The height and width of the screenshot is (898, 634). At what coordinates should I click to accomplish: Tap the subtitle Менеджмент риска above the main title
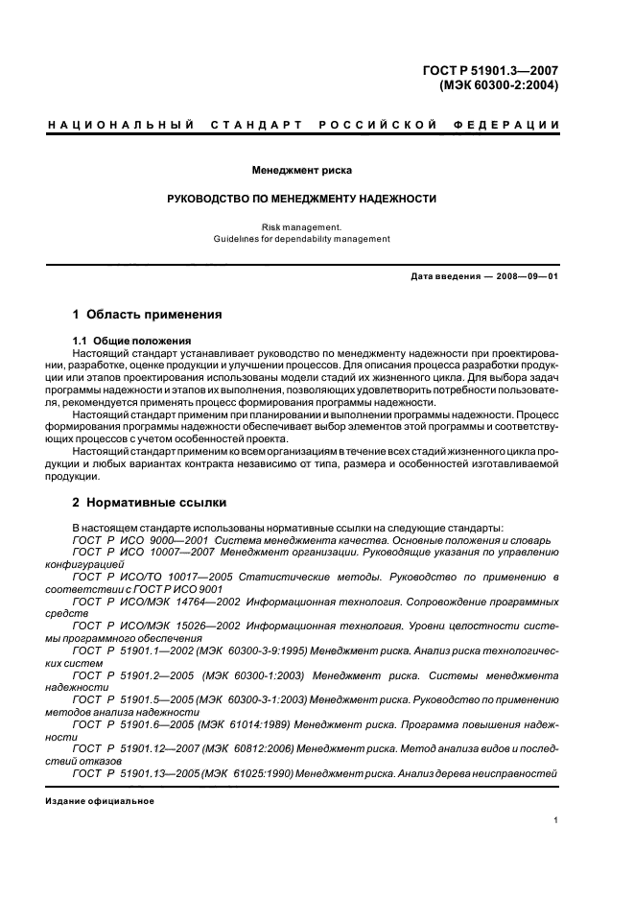(x=301, y=171)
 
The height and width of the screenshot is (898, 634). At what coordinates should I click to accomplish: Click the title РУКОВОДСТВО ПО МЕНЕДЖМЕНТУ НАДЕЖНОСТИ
(x=301, y=199)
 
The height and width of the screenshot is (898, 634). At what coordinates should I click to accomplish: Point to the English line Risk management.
(x=301, y=226)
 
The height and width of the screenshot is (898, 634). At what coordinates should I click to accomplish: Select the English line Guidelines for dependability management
(x=301, y=238)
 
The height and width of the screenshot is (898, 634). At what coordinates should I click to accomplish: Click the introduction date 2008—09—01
(x=526, y=277)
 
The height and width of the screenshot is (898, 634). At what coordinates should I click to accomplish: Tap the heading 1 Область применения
(x=148, y=314)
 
